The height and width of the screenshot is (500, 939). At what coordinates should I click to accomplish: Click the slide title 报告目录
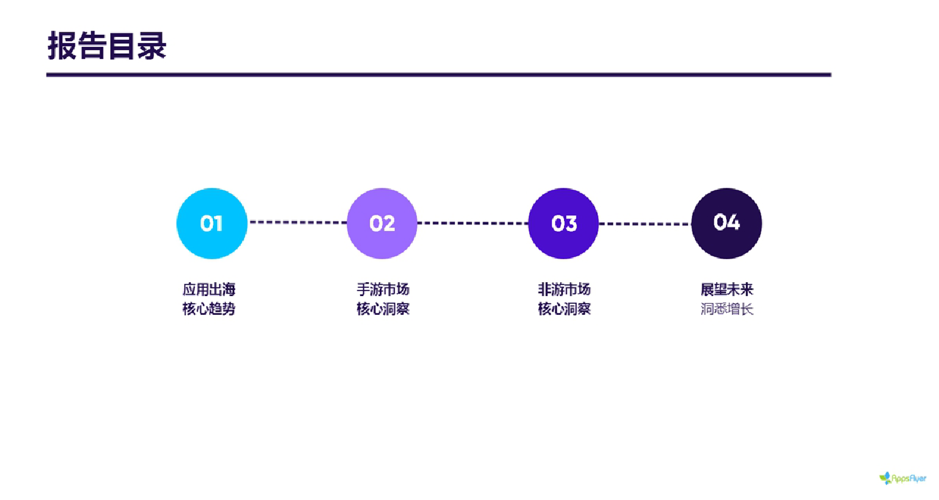click(107, 46)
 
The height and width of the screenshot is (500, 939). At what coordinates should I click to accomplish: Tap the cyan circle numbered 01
click(212, 223)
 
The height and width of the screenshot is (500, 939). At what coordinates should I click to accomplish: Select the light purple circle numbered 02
click(382, 223)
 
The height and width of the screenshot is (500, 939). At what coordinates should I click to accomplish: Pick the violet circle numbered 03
click(563, 223)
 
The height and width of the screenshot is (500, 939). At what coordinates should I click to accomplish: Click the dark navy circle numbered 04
click(726, 223)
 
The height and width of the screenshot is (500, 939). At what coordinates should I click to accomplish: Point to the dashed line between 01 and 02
click(297, 222)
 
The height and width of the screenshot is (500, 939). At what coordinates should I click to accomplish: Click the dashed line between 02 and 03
click(473, 223)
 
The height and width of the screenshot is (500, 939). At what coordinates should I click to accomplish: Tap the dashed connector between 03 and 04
click(645, 224)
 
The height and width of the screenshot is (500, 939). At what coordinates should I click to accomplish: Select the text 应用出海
click(208, 289)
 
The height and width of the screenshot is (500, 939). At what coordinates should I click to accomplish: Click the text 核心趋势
click(208, 309)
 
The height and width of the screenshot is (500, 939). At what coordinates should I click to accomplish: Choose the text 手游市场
click(382, 289)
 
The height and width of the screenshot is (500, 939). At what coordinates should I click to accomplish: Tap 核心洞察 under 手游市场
click(382, 309)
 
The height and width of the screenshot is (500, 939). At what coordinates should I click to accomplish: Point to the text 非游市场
click(564, 289)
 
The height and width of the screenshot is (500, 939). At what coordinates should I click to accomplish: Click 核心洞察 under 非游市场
click(564, 309)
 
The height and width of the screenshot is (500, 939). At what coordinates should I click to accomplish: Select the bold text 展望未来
click(727, 289)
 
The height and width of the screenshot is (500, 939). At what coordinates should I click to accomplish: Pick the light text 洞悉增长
click(727, 309)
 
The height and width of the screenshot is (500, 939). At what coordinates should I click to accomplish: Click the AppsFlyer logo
click(903, 478)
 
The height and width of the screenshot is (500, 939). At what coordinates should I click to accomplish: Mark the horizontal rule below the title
click(438, 74)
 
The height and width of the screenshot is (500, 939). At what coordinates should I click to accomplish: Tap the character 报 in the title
click(62, 46)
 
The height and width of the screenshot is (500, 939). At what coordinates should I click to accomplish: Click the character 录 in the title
click(152, 46)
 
